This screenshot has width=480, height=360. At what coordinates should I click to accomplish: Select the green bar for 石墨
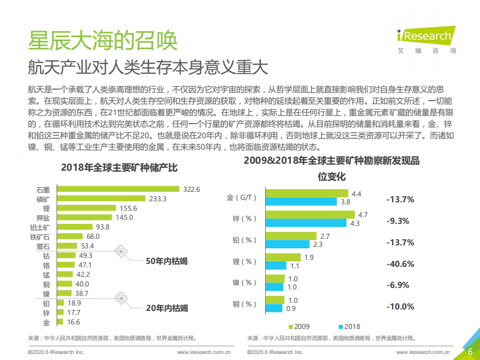point(118,189)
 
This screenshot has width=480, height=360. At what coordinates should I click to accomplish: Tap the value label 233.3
point(158,199)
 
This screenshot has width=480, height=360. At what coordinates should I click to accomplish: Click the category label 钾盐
point(43,218)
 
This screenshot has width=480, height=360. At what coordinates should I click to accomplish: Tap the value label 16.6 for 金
point(73,322)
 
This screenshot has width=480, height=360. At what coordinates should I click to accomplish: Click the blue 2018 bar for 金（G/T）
point(301,202)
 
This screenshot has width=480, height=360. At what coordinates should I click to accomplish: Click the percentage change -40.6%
point(400,264)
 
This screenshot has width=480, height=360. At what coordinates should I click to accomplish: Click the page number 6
point(470,351)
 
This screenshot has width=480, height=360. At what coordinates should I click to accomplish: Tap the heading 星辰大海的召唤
point(102,41)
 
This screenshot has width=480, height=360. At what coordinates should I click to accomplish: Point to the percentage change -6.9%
point(398,285)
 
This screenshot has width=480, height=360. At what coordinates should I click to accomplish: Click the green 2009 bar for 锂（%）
point(283,257)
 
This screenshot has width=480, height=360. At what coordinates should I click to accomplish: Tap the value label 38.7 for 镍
point(82,293)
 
